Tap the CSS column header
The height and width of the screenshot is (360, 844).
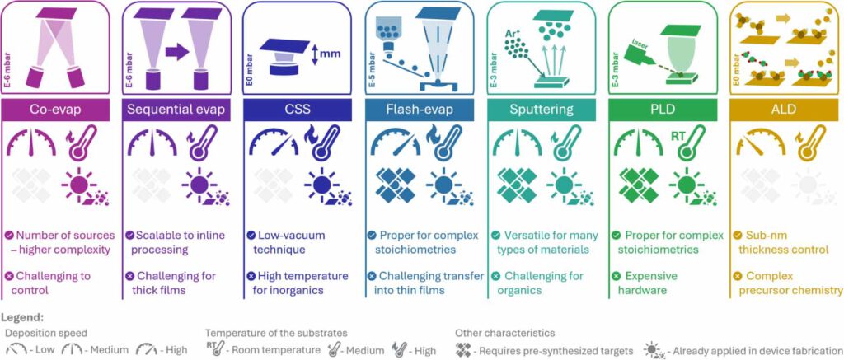tap(298, 110)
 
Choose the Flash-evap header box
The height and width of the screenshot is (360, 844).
tap(420, 110)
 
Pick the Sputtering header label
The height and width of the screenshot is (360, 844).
tap(541, 110)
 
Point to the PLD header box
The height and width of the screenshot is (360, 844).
tap(663, 110)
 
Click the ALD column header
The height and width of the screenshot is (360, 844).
tap(785, 110)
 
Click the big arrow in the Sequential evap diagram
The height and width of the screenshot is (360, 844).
tap(178, 52)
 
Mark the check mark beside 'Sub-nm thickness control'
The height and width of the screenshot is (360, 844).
tap(738, 235)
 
